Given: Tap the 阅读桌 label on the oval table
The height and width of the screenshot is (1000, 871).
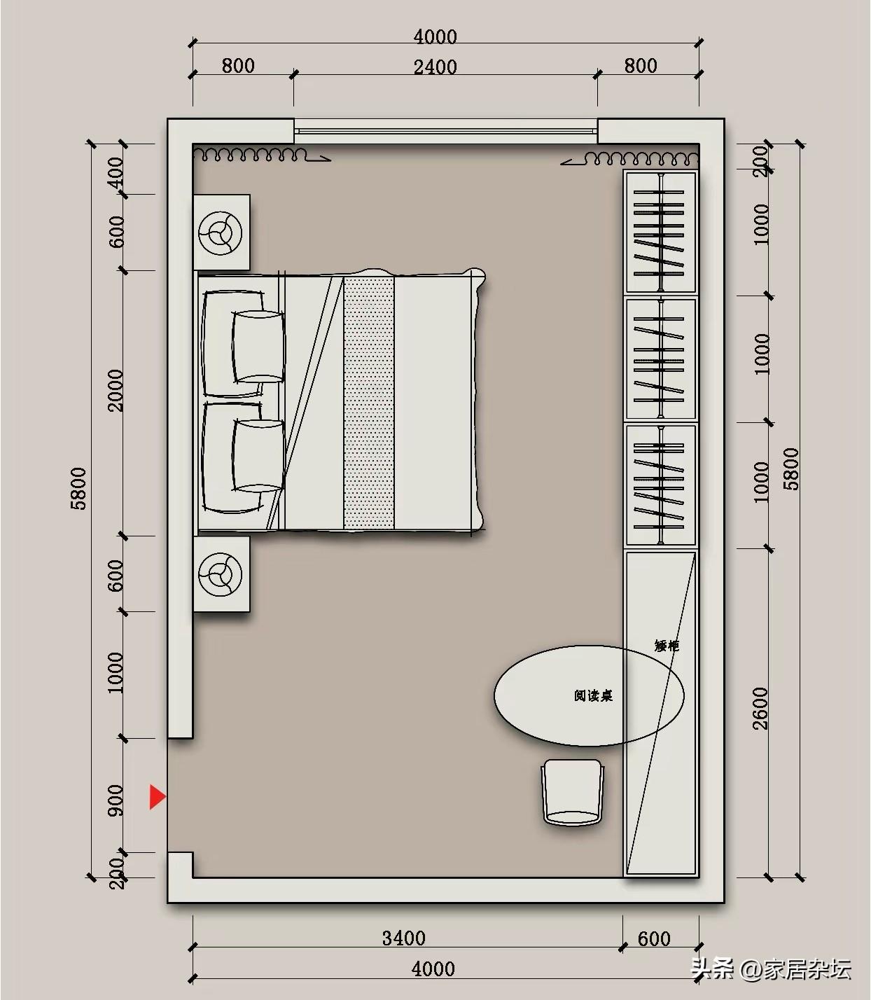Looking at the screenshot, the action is point(593,695).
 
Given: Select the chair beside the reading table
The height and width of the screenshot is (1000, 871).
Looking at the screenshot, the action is point(573,792).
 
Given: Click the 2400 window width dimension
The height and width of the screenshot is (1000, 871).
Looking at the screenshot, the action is point(435,67).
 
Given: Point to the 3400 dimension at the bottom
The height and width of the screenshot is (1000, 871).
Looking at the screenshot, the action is point(403,938).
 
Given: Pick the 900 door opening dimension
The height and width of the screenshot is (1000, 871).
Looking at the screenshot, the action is point(116,800).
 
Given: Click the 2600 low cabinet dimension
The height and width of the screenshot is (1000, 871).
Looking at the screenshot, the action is point(760,708).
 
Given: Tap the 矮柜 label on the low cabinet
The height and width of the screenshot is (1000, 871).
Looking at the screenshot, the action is point(667,646).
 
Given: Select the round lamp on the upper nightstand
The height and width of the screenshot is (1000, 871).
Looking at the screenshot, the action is point(221,232).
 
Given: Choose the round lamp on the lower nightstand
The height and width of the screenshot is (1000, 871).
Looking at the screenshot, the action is point(221,574).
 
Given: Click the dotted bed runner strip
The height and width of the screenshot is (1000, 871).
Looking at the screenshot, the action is point(369,403).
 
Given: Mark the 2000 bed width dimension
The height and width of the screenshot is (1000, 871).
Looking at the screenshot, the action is point(116,391).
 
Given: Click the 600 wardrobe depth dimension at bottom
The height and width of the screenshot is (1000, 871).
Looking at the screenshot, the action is point(654,939).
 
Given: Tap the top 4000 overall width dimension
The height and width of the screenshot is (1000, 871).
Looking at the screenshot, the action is point(435,37).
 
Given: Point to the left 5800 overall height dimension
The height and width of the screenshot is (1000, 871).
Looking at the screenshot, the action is point(78,488).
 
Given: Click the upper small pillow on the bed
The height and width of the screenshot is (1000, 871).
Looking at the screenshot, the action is point(258,347).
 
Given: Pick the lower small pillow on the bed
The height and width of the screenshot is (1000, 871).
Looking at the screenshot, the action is point(258,455).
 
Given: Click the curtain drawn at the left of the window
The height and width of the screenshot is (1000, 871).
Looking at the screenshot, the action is point(262,155).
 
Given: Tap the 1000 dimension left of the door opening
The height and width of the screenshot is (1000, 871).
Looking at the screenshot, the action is point(116,672).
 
